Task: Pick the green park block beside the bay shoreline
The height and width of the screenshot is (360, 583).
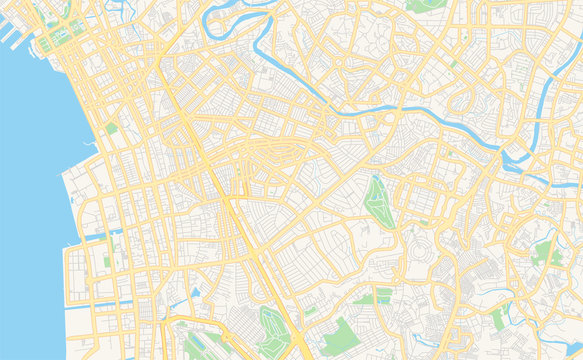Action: point(111,129)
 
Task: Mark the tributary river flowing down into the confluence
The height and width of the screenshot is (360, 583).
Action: point(540,100)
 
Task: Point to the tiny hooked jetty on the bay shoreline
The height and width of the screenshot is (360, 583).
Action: point(91,145)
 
